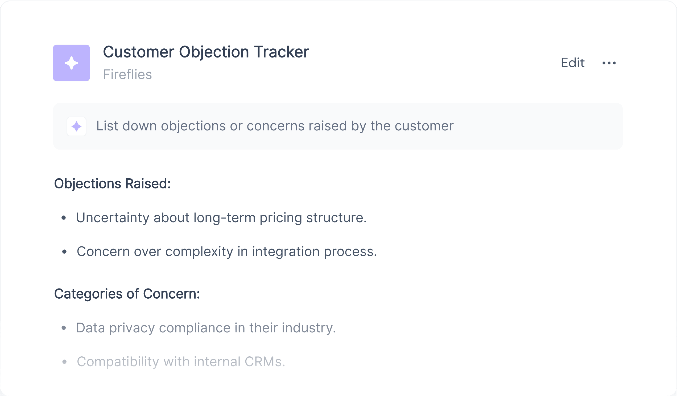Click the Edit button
click(x=572, y=63)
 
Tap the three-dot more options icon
click(x=609, y=63)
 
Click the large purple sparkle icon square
click(x=72, y=63)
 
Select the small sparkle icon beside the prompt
click(x=77, y=126)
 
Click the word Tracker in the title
click(x=281, y=52)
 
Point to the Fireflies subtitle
click(x=127, y=75)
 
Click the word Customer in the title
click(x=139, y=52)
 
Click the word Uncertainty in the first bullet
click(x=113, y=218)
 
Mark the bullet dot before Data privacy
click(x=64, y=328)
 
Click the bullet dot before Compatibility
click(x=64, y=362)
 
